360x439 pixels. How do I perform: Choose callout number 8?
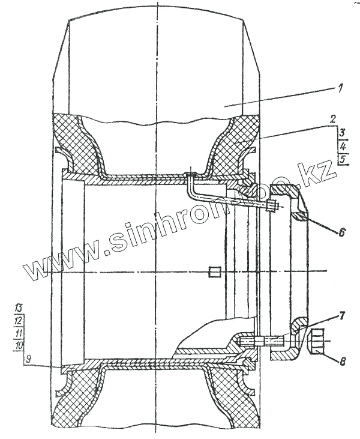pos(341,362)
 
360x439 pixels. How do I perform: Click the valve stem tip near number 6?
pos(271,207)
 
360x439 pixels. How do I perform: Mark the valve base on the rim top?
pos(191,175)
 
